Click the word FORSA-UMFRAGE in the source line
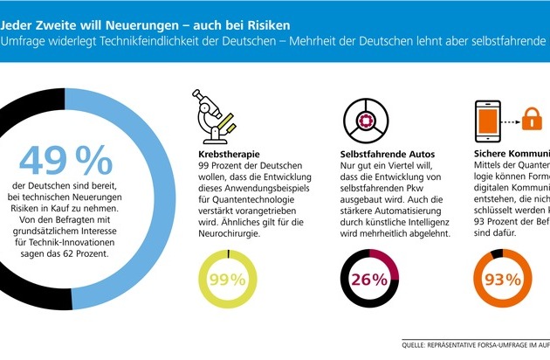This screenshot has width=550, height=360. point(511,343)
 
